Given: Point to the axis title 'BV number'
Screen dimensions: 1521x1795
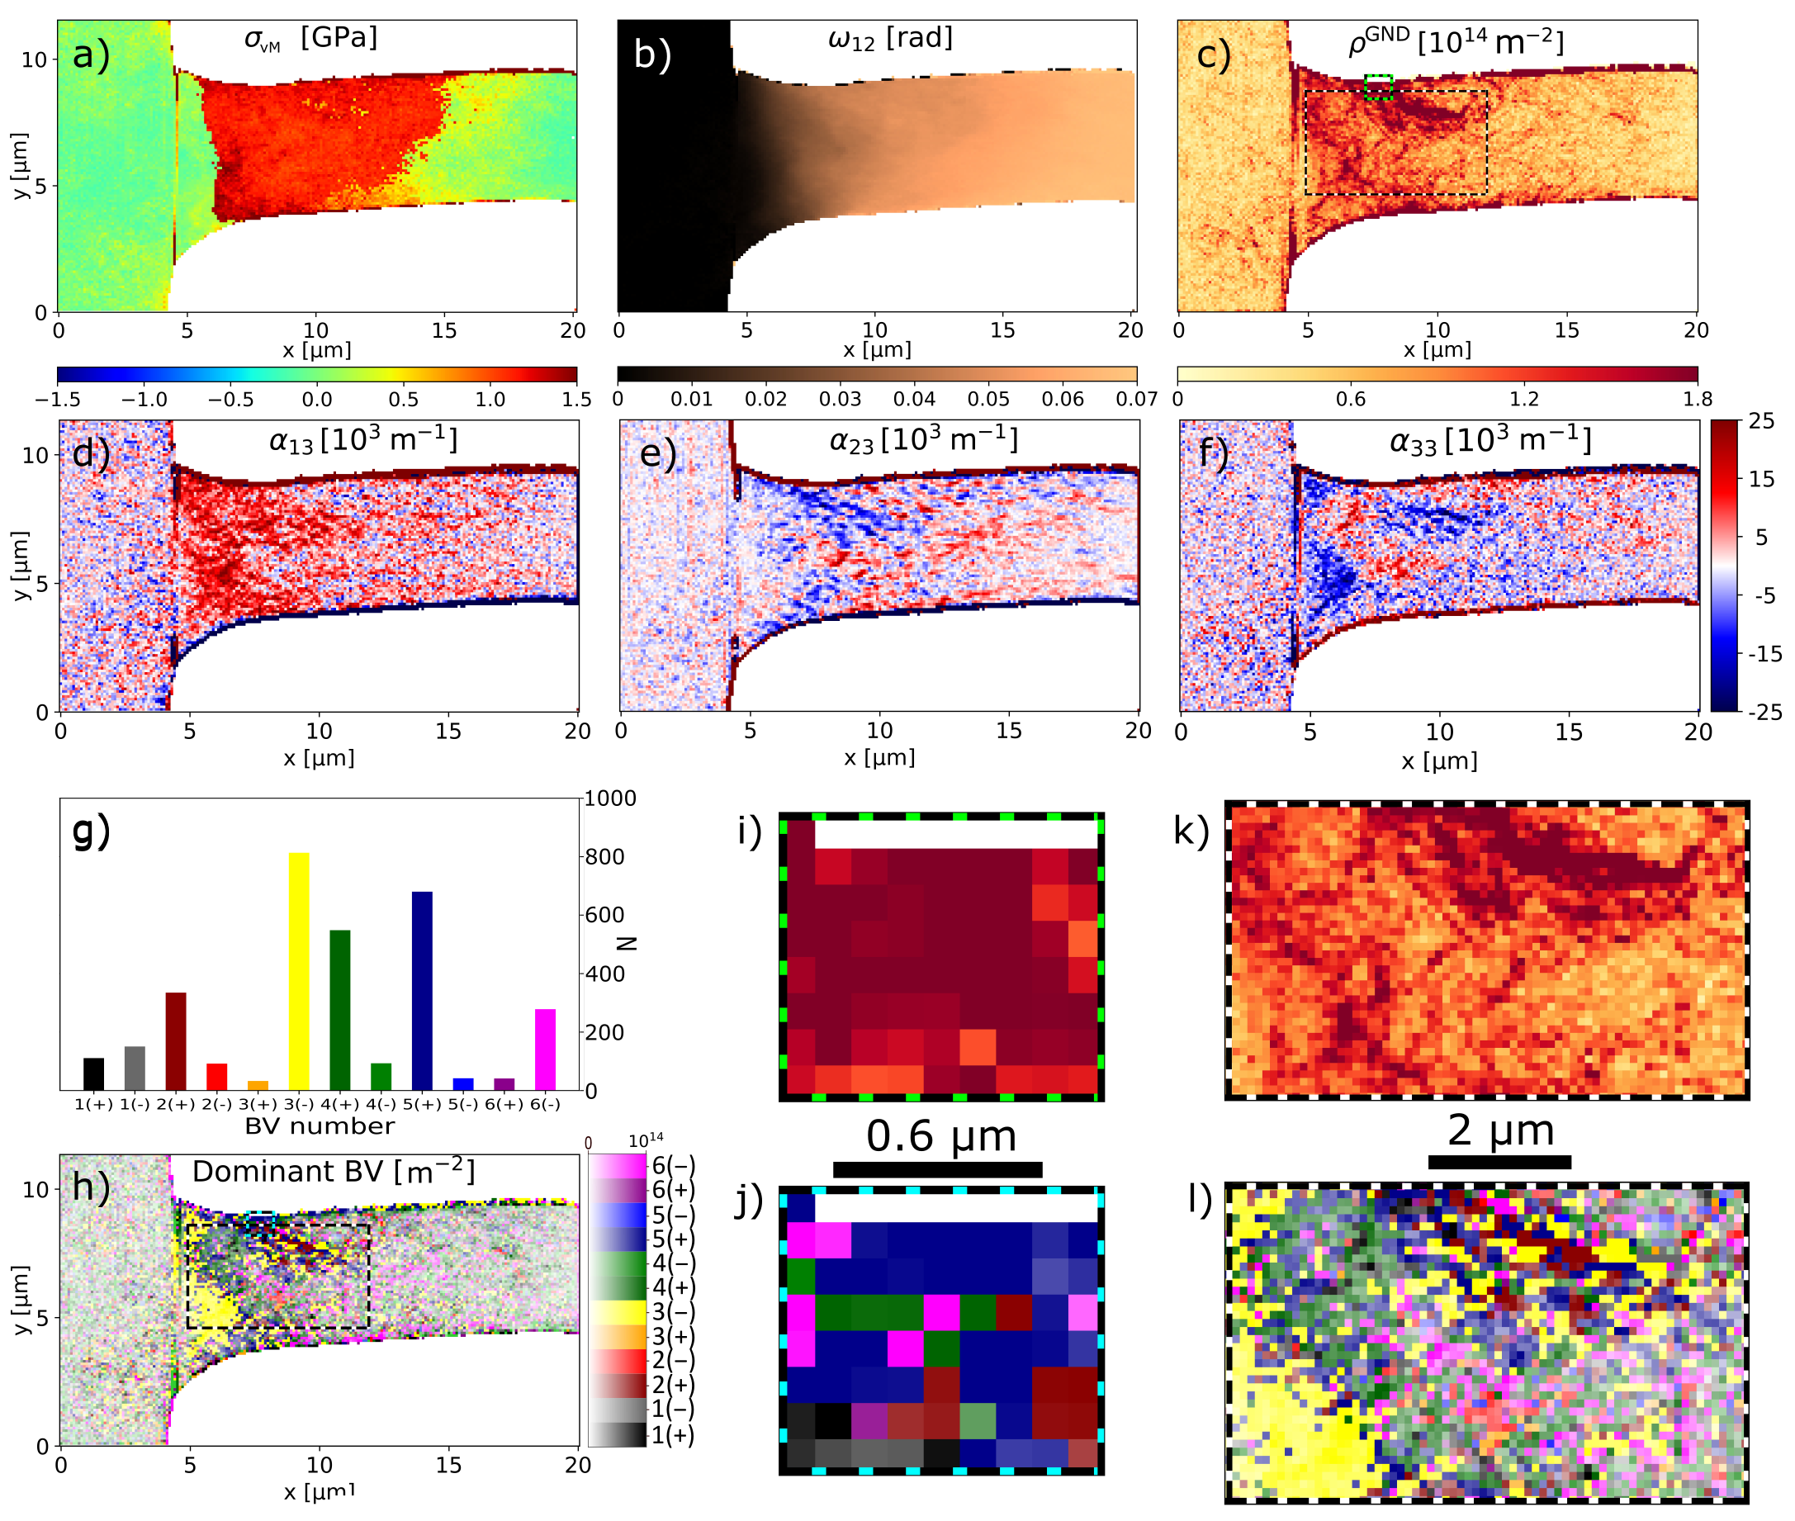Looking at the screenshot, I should click(x=319, y=1126).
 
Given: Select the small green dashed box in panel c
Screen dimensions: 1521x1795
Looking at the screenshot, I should click(x=1379, y=87).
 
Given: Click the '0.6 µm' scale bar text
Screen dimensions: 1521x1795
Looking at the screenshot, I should click(x=940, y=1136).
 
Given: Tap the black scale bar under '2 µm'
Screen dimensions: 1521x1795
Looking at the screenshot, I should click(x=1499, y=1163).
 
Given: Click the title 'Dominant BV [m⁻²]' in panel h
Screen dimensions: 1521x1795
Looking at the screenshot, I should click(x=333, y=1172).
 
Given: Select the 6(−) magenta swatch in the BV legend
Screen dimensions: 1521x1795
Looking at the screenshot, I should click(x=617, y=1167).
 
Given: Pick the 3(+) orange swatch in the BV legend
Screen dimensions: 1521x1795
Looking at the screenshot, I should click(x=617, y=1338).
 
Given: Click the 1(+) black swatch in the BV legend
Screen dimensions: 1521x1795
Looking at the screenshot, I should click(x=617, y=1435).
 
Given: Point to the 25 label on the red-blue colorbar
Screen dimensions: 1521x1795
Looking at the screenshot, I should click(x=1761, y=422).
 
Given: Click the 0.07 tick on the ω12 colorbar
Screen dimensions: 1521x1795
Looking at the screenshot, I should click(x=1136, y=399).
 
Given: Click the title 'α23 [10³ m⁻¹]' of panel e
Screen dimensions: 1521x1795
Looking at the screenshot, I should click(x=922, y=441).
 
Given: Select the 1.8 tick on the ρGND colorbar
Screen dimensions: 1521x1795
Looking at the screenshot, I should click(x=1697, y=399).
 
